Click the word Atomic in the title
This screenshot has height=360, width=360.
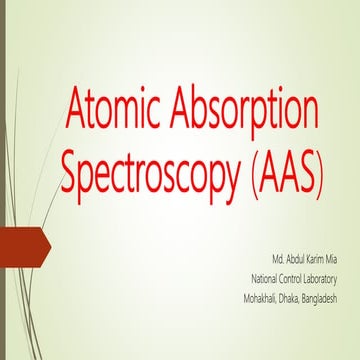pyautogui.click(x=112, y=106)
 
